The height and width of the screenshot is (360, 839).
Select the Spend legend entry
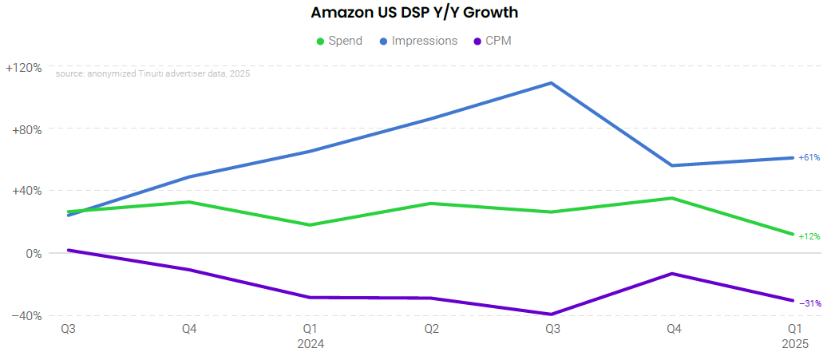339,41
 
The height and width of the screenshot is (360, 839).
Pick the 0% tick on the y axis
34,254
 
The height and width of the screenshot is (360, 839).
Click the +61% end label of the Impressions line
809,157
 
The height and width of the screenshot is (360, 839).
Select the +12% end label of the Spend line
809,236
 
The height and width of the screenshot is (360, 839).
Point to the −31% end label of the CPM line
809,303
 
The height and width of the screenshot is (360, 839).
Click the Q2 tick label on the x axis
431,329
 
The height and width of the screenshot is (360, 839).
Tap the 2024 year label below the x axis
311,344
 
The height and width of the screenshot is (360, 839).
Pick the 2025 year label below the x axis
795,344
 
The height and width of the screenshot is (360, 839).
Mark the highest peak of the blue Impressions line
552,83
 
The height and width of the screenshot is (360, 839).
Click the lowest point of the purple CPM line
552,315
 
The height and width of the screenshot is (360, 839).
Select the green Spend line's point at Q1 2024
311,225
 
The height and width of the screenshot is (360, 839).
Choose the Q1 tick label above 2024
311,329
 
